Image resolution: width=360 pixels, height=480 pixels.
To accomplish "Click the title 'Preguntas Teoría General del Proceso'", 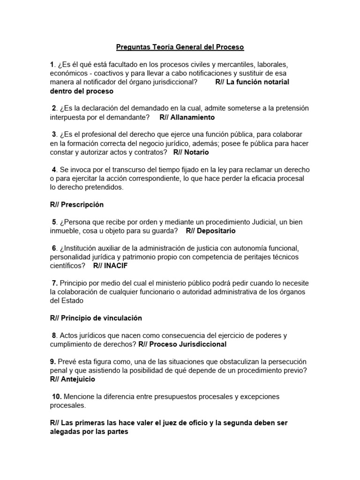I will point(180,47).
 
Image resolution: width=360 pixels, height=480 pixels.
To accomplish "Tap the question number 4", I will point(54,170).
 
